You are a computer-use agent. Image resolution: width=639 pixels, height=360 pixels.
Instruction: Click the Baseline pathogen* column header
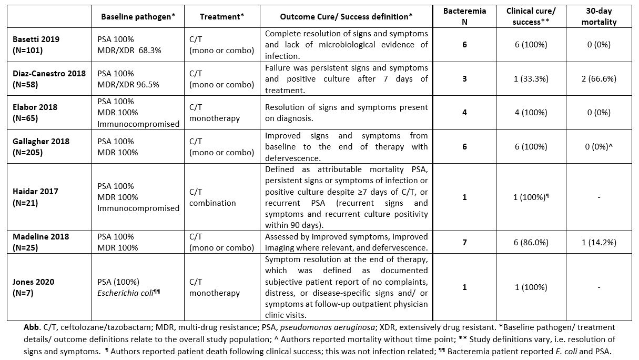pos(137,16)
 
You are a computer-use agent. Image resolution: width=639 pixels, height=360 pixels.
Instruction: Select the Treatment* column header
pos(222,16)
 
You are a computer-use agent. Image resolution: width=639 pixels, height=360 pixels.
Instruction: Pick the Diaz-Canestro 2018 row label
pos(47,79)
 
